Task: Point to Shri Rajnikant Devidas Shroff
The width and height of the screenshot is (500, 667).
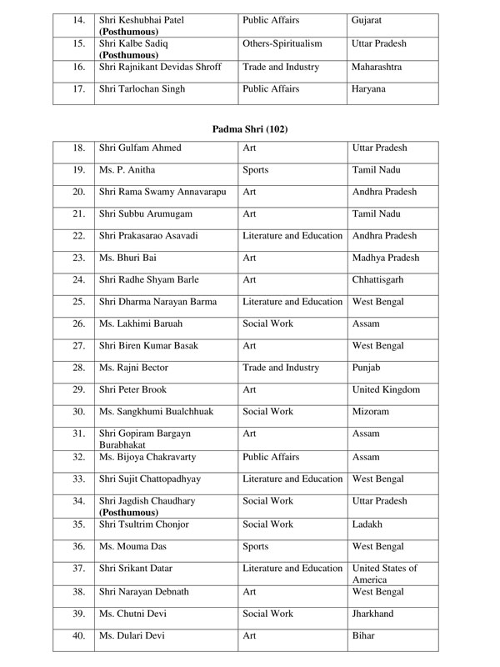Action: click(160, 66)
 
